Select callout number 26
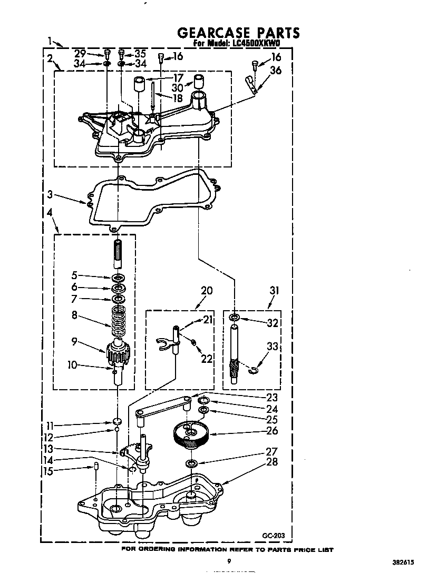pos(272,430)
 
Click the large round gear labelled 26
pos(190,434)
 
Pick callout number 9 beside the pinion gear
pos(74,342)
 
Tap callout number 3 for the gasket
pos(50,194)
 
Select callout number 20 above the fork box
pos(207,291)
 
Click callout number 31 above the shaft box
pos(274,290)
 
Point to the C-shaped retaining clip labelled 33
pos(254,371)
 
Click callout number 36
pos(276,70)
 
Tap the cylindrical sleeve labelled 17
pos(139,85)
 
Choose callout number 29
pos(80,53)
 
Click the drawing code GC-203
pos(273,536)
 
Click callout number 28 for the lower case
pos(272,461)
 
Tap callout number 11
pos(50,426)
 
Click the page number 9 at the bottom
pos(229,561)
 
